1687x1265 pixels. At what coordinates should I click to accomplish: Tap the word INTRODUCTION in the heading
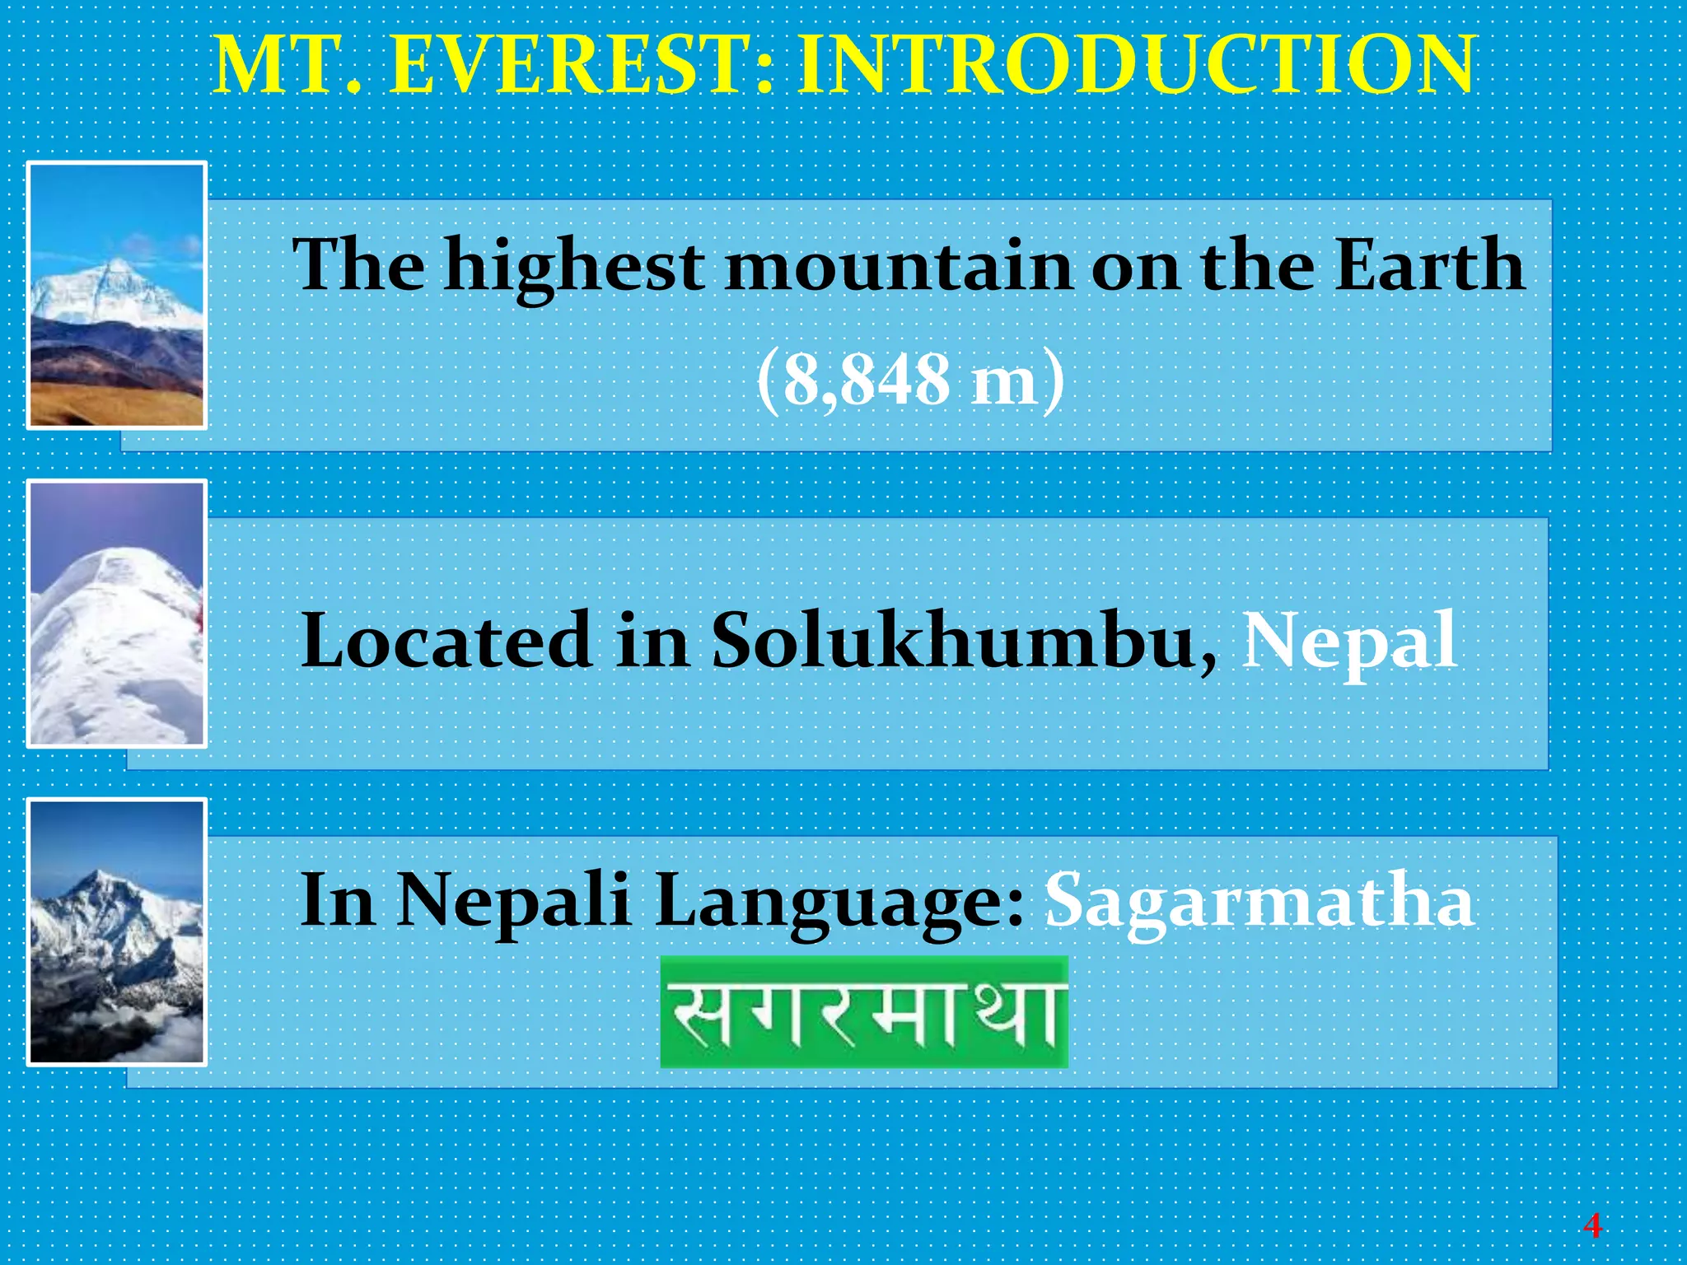[x=1135, y=66]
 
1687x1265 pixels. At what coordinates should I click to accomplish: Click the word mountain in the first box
[x=899, y=265]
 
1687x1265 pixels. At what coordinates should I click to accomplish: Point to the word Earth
[x=1429, y=265]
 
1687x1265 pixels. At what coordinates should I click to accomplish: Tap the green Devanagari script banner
[x=864, y=1012]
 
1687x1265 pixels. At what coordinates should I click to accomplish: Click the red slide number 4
[x=1591, y=1226]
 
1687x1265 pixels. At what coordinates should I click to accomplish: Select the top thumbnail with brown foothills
[x=117, y=296]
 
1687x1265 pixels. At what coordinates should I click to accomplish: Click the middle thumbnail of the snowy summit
[x=117, y=614]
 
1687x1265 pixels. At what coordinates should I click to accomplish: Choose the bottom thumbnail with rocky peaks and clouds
[x=117, y=931]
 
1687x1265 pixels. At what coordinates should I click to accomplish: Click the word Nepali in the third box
[x=514, y=901]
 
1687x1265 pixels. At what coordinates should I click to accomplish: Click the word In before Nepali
[x=339, y=901]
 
